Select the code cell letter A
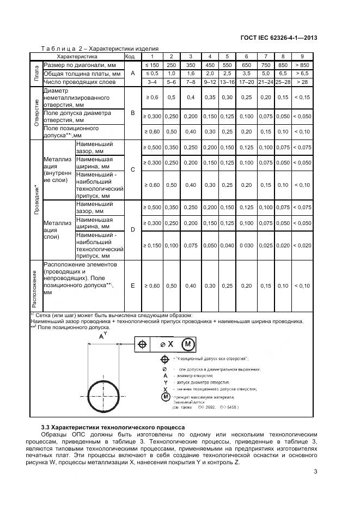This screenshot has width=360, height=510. (x=132, y=73)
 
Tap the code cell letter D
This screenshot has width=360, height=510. (x=132, y=230)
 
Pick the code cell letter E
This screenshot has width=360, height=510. (x=132, y=286)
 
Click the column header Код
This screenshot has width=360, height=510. (x=130, y=56)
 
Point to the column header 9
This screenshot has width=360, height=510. (x=302, y=56)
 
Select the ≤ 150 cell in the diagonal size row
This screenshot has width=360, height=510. (x=152, y=64)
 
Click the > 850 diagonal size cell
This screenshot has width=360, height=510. (x=302, y=64)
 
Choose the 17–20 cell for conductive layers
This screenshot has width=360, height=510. (x=247, y=82)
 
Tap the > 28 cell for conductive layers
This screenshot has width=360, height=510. (x=302, y=82)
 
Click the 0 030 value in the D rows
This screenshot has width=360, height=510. (x=247, y=246)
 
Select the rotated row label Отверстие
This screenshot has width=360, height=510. (x=36, y=112)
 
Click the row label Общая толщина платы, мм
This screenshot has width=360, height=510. (x=82, y=73)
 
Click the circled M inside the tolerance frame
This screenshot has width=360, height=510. (x=187, y=344)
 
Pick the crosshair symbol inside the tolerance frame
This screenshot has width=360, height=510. (x=143, y=344)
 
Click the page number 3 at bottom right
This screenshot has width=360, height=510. (x=315, y=472)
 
